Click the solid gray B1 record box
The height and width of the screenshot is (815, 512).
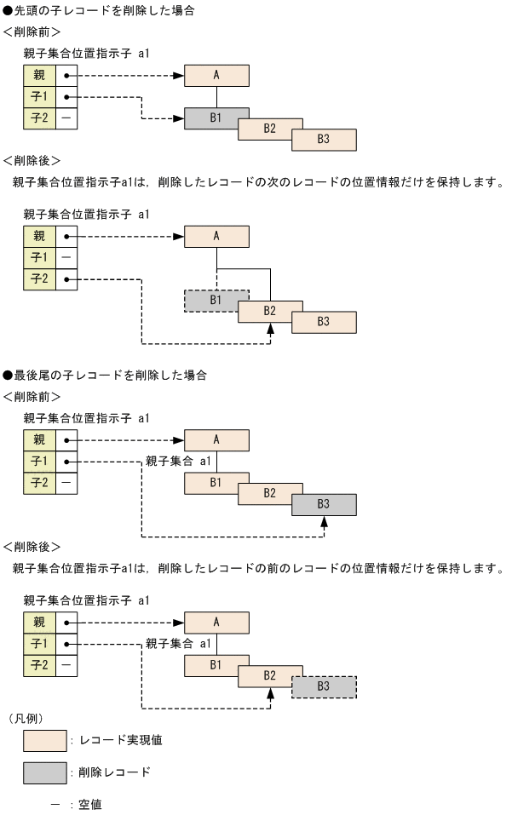point(216,118)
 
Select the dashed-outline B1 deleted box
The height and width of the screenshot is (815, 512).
point(216,300)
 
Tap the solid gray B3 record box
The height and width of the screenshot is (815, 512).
point(324,504)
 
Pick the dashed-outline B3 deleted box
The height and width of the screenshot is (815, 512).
point(324,686)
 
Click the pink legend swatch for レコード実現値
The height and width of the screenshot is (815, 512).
point(45,740)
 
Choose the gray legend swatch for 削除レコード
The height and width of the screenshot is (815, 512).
point(45,772)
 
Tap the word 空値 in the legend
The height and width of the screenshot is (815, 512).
point(91,804)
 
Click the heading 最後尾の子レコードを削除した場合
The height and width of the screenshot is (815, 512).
point(110,375)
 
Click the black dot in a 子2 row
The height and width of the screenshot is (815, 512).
point(66,278)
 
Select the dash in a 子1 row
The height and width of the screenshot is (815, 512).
point(66,256)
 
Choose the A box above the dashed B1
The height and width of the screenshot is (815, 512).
point(216,236)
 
